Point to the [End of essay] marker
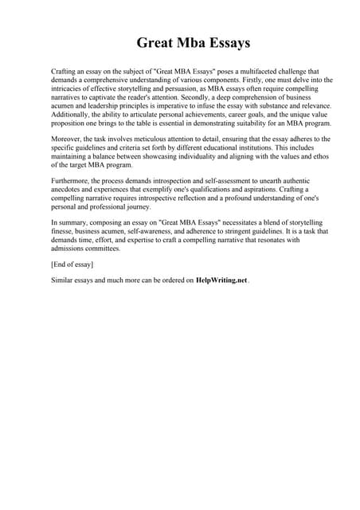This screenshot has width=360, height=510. click(x=72, y=264)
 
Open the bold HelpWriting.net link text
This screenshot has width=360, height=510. click(x=222, y=280)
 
